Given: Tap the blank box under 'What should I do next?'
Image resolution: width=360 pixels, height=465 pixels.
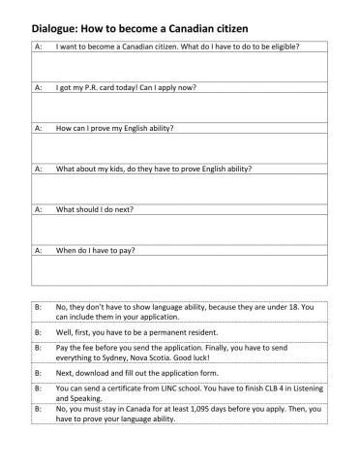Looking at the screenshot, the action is (x=179, y=230).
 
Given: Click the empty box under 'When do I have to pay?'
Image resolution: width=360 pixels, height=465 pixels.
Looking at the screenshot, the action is (x=179, y=270).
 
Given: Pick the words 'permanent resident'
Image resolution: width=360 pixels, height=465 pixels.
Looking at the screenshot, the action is (x=192, y=331).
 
